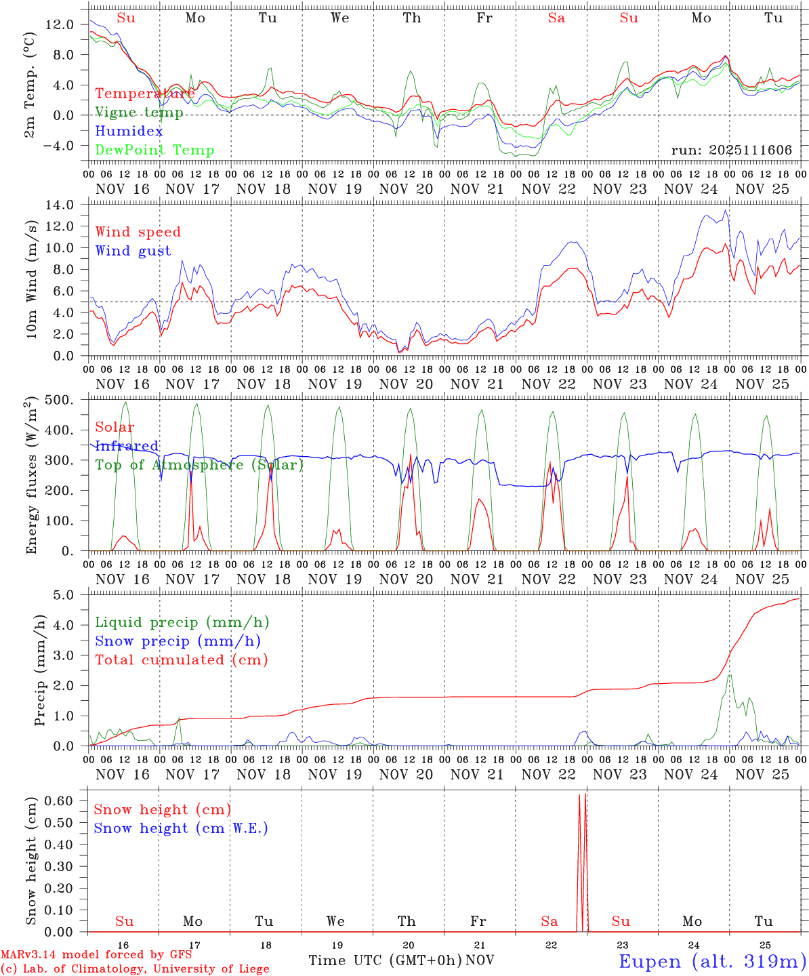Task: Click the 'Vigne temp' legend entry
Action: coord(139,113)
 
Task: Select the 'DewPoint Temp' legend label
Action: coord(154,150)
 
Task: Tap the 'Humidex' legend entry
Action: coord(129,131)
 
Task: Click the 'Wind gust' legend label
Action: coord(133,251)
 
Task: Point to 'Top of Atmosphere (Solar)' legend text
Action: coord(199,465)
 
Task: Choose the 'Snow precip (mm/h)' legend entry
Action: coord(178,641)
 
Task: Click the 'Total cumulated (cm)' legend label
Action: coord(181,660)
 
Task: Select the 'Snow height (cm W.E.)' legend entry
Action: coord(180,828)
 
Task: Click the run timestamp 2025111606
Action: coord(731,150)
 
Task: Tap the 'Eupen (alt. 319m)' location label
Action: coord(712,961)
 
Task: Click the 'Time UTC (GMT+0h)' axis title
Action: coord(386,960)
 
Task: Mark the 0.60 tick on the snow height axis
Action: coord(58,800)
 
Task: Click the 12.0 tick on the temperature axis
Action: coord(60,24)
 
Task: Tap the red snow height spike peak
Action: coord(579,795)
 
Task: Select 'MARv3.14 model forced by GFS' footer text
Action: coord(96,955)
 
